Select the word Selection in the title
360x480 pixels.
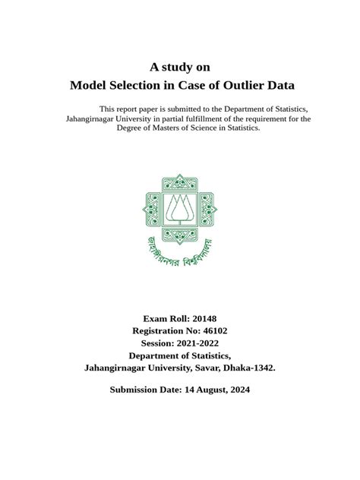[137, 85]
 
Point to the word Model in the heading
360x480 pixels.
[89, 85]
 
